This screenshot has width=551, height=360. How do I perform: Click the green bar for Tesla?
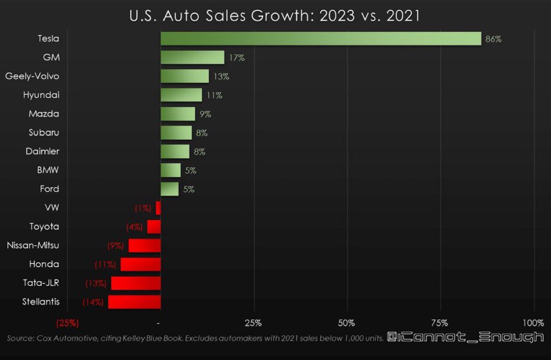click(320, 39)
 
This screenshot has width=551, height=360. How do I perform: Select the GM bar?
click(192, 58)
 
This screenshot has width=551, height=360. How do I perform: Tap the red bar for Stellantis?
click(134, 302)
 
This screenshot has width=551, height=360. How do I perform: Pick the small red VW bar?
click(158, 208)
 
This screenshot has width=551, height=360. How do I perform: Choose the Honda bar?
click(140, 264)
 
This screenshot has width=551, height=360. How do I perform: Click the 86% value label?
click(493, 39)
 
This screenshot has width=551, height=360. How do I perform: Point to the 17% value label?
click(237, 58)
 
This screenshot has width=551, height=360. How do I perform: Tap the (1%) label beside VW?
click(142, 208)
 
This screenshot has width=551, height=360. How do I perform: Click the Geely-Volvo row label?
click(32, 76)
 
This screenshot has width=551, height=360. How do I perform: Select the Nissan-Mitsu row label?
click(33, 245)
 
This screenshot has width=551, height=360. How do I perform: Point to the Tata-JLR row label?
click(41, 283)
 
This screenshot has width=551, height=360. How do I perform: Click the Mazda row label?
click(43, 114)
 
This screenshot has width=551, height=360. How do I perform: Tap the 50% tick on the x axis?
click(347, 322)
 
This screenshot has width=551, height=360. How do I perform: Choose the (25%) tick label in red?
click(67, 322)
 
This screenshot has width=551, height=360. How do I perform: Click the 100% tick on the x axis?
click(533, 322)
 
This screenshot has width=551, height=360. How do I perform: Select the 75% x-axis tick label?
click(440, 322)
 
